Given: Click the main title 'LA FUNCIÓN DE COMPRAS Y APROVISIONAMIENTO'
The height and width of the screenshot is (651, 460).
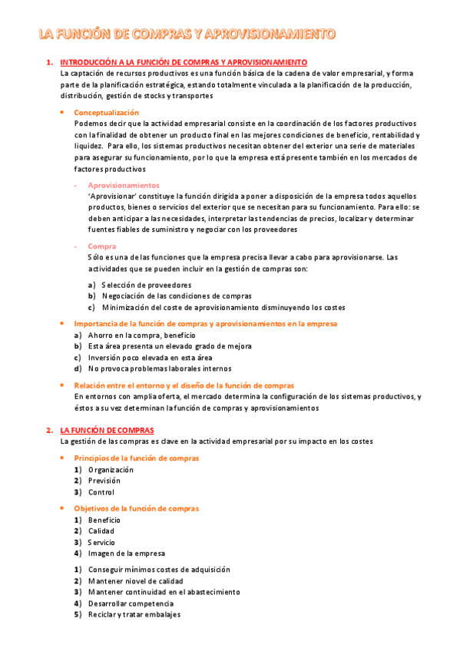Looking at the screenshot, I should tap(187, 34).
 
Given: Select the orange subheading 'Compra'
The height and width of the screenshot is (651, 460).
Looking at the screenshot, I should tap(102, 246).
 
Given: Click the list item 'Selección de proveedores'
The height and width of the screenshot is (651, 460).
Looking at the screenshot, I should tap(146, 285).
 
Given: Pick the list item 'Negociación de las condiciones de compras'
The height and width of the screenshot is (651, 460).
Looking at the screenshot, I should tap(176, 296).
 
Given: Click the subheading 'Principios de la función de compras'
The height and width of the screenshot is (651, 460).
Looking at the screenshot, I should tap(136, 458).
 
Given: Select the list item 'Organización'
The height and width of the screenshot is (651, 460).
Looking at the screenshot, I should tap(111, 469).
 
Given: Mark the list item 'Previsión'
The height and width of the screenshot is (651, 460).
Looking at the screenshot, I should tap(104, 481).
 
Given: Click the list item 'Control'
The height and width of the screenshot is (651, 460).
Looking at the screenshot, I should tap(101, 492).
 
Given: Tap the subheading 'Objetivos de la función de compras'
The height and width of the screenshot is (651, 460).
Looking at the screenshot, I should tap(136, 508).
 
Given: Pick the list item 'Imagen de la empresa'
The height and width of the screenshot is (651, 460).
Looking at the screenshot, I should tap(126, 553).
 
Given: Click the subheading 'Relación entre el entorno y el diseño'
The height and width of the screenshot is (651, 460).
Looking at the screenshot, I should tap(184, 385).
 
